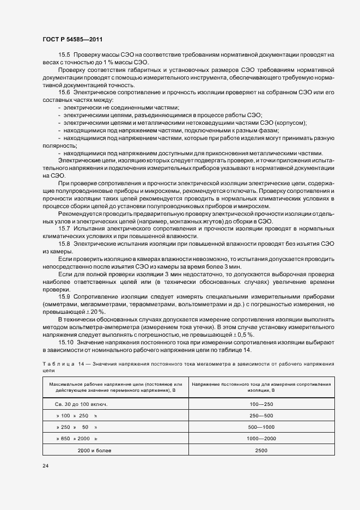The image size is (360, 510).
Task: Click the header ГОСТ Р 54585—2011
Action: click(72, 40)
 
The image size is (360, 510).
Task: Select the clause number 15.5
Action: click(65, 56)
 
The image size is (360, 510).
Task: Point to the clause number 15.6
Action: click(65, 92)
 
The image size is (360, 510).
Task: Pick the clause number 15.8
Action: click(65, 244)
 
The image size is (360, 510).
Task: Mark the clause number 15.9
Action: click(65, 296)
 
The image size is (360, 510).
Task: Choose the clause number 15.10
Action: click(66, 341)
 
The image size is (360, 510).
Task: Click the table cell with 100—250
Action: click(261, 404)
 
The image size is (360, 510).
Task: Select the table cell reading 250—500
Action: click(261, 416)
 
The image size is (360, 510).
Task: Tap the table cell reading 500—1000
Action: click(261, 427)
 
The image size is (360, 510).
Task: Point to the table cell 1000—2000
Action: click(261, 438)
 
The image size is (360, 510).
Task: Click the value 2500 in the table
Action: click(261, 450)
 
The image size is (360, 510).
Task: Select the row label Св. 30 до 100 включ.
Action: click(81, 404)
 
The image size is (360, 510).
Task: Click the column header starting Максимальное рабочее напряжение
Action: click(115, 387)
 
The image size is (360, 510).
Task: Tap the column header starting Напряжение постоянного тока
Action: click(261, 387)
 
